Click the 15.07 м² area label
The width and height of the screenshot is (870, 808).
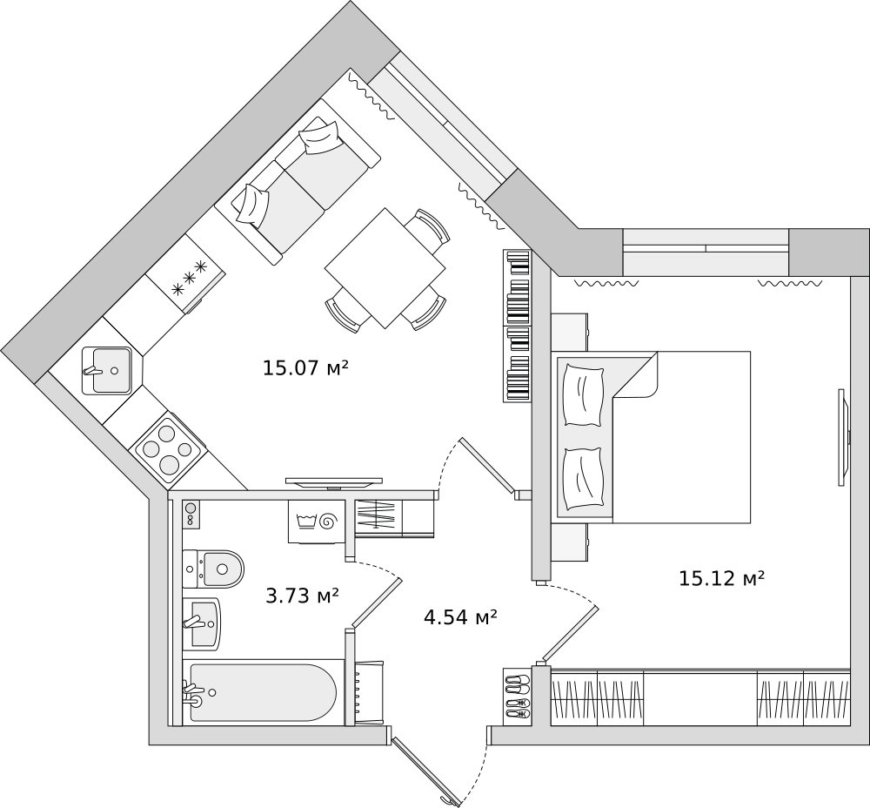(x=305, y=367)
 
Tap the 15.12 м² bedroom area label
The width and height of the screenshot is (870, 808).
(x=722, y=578)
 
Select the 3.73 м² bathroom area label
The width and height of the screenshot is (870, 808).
(x=303, y=596)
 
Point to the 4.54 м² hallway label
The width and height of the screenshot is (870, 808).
(x=460, y=616)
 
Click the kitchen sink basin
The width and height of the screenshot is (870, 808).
(x=107, y=370)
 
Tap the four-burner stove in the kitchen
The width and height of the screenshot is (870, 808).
(x=168, y=447)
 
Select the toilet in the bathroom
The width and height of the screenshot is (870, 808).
(x=213, y=569)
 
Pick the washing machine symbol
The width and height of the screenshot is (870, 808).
(x=316, y=521)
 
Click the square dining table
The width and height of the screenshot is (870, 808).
(x=385, y=268)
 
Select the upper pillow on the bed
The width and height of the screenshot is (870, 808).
(x=583, y=396)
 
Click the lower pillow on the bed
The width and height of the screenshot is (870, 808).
(x=583, y=478)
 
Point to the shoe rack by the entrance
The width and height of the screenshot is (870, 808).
(x=517, y=697)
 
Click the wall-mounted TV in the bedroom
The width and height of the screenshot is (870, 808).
(x=844, y=437)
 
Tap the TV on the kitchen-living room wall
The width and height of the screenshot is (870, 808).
(x=334, y=482)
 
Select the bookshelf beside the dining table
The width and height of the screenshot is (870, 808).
(x=517, y=326)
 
